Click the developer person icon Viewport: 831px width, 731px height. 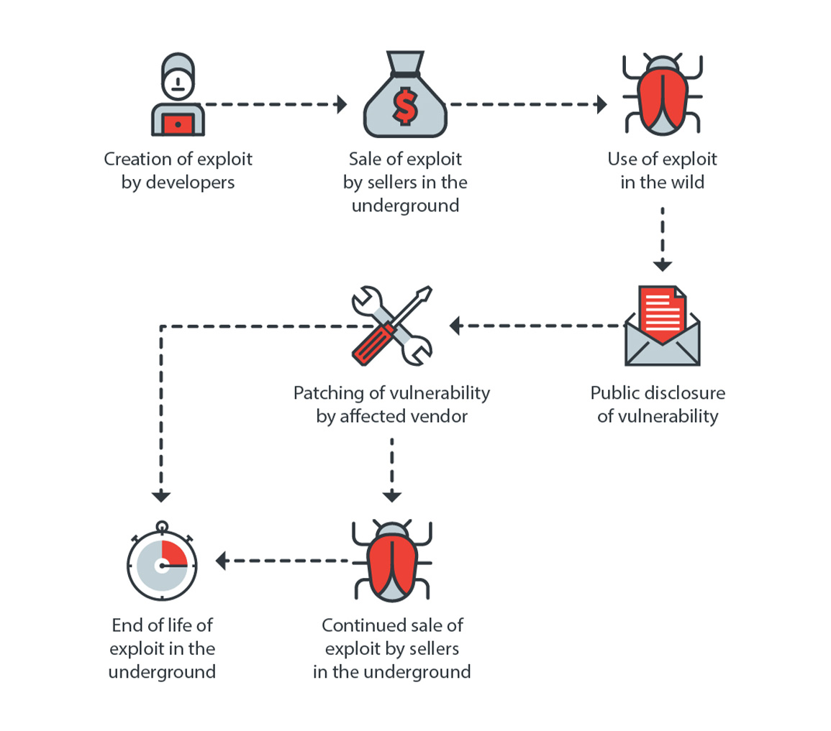pyautogui.click(x=177, y=97)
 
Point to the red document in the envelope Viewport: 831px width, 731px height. pyautogui.click(x=662, y=308)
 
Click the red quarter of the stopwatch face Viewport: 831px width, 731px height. pyautogui.click(x=174, y=553)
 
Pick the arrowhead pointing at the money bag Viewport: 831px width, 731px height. pyautogui.click(x=341, y=104)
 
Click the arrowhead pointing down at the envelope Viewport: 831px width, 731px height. pyautogui.click(x=662, y=265)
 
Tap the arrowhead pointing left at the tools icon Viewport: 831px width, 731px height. pyautogui.click(x=455, y=326)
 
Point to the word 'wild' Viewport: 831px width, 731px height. pyautogui.click(x=686, y=183)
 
